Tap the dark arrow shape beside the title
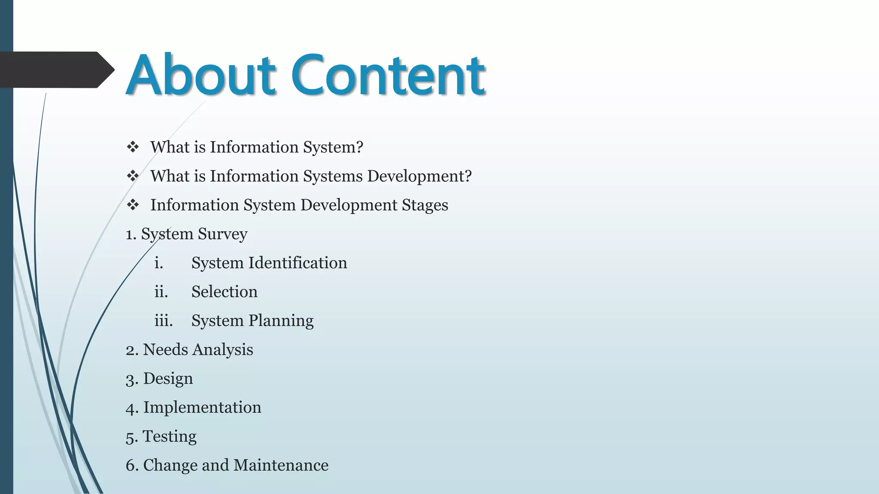pos(56,69)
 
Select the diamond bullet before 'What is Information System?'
pos(133,147)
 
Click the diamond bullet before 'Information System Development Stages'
pos(133,205)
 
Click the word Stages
pos(425,205)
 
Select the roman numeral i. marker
pos(159,263)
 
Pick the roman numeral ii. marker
pos(161,292)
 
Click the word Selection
pos(224,292)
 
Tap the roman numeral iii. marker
pos(164,321)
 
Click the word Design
pos(168,379)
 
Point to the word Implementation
pos(202,407)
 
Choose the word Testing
pos(170,437)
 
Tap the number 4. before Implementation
pos(131,408)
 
